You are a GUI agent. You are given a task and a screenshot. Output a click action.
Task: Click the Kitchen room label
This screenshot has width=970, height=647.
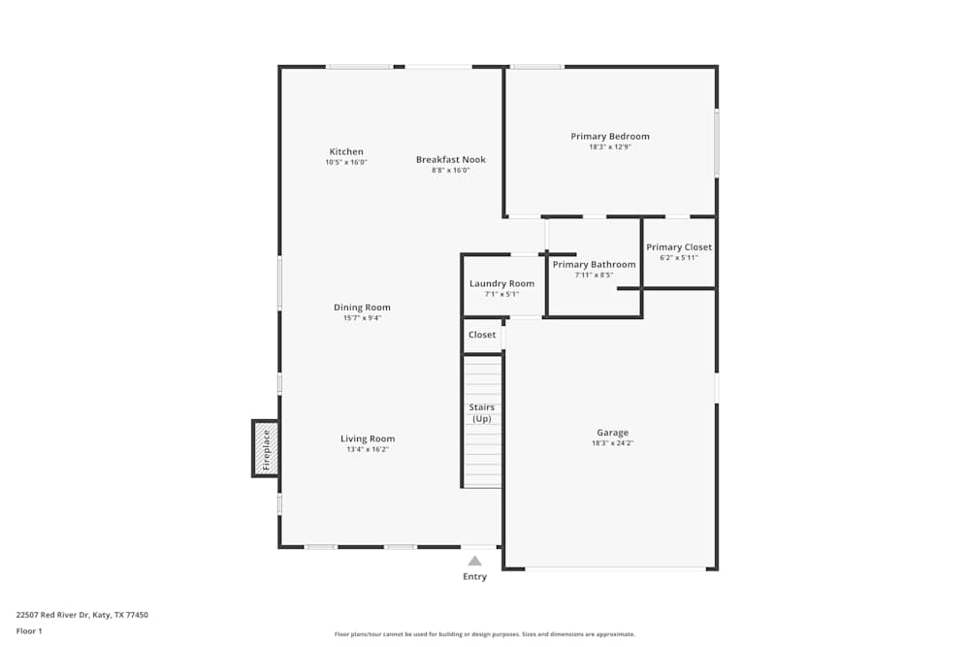346,151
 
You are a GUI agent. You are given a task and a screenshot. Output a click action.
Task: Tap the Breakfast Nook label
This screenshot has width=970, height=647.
451,159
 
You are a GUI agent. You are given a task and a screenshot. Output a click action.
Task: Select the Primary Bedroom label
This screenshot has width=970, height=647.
610,136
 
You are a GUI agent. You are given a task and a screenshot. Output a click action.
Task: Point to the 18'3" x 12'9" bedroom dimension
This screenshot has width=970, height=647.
610,147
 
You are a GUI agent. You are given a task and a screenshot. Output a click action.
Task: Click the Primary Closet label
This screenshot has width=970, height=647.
679,247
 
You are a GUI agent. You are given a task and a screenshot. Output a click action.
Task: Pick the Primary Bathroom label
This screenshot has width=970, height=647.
594,264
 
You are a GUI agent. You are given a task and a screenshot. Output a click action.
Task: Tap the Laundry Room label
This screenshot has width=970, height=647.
501,283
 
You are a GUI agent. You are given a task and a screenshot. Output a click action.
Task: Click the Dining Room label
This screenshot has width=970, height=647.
362,307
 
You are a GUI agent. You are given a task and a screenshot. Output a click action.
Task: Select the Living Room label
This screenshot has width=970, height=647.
368,438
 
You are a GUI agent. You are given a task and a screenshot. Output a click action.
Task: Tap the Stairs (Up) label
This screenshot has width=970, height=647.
481,412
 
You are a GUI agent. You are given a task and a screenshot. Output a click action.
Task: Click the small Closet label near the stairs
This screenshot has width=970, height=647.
482,335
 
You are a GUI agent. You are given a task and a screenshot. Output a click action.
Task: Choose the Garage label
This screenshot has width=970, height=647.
612,433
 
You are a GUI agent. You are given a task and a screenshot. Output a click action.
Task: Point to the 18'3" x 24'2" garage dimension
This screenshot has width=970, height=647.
612,443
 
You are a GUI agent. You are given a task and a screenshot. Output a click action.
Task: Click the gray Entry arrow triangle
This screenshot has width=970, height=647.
474,561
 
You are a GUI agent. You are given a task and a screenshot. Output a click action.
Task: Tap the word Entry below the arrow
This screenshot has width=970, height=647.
474,576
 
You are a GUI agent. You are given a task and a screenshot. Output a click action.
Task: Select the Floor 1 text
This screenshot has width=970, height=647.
30,631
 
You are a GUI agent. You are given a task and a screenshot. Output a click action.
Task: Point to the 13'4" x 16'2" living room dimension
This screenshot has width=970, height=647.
368,450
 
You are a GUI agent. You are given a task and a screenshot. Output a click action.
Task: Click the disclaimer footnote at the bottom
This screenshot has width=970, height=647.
485,634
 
